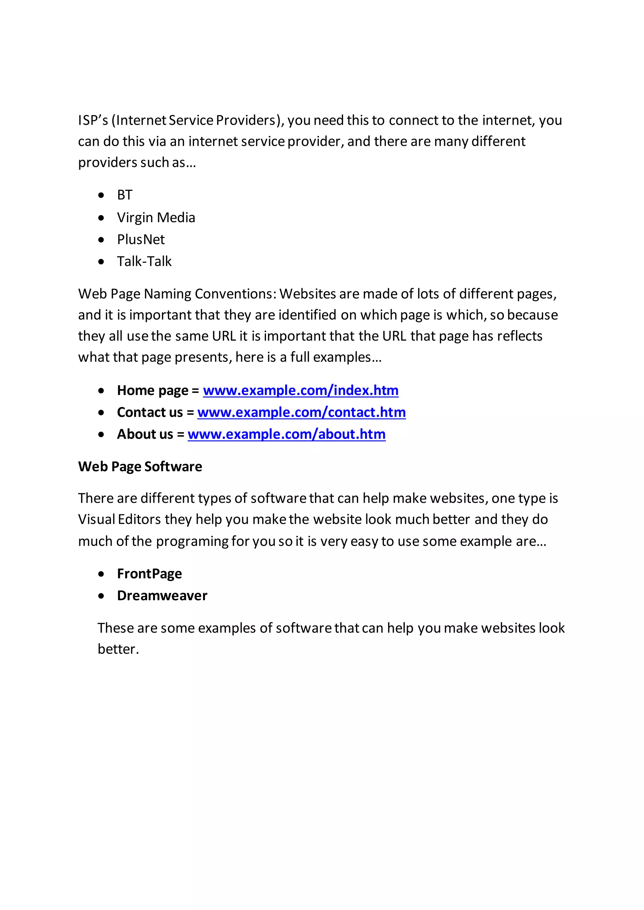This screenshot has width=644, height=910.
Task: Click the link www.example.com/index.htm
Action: (301, 390)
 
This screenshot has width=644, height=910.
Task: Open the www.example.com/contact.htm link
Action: (301, 412)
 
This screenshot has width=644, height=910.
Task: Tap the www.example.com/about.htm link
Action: (286, 434)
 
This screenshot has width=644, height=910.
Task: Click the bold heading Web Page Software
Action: (140, 467)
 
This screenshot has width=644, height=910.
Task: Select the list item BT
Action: (125, 195)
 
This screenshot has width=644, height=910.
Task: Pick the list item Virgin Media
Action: (156, 217)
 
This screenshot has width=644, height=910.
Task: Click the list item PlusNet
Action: (141, 239)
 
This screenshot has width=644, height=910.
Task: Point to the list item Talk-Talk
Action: (144, 261)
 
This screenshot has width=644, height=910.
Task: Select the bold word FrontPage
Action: (149, 573)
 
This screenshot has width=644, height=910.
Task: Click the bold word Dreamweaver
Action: (162, 595)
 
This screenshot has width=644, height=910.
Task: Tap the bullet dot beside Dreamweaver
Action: (102, 596)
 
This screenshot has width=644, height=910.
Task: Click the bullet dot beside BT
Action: (102, 195)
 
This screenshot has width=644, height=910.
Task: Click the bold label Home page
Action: (153, 390)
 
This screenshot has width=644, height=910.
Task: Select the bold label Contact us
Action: (150, 412)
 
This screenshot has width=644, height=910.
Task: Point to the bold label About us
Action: (145, 434)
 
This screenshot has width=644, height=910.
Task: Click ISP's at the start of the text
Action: (93, 120)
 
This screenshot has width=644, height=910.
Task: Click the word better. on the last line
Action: (118, 649)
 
